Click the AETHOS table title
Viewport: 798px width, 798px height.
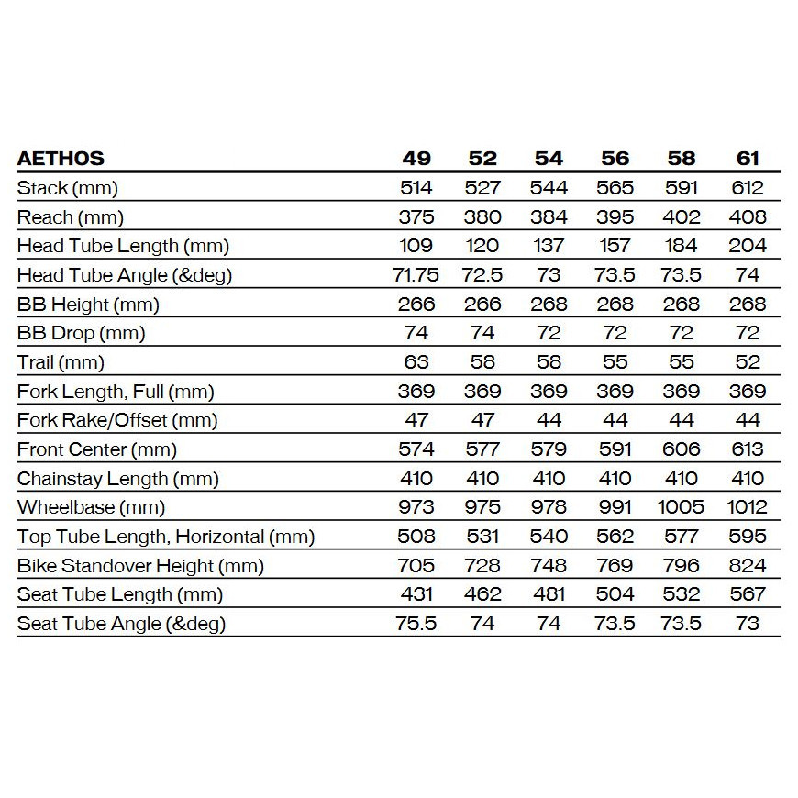pos(61,159)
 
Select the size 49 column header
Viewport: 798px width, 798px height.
pos(416,159)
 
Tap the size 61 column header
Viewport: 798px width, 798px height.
pos(748,159)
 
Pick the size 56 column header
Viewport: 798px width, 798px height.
pos(615,159)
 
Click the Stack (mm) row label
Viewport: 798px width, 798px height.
pos(68,188)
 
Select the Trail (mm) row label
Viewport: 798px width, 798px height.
pos(61,362)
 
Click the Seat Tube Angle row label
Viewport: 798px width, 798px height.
pos(121,624)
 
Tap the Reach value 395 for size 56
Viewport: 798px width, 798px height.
pos(615,217)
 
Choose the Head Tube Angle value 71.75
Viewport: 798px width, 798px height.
pos(416,275)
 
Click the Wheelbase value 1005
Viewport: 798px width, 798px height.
pos(681,507)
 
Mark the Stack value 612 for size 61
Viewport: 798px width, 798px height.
pos(748,188)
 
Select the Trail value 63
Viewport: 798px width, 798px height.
pos(416,362)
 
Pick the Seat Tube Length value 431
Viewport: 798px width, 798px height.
pos(416,594)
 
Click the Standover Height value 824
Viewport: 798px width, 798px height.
pos(748,566)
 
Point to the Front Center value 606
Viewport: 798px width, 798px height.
pos(681,449)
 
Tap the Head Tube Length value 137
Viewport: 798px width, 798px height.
pos(549,246)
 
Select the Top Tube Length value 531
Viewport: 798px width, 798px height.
pos(482,537)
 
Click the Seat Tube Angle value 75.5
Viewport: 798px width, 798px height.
pos(416,624)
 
